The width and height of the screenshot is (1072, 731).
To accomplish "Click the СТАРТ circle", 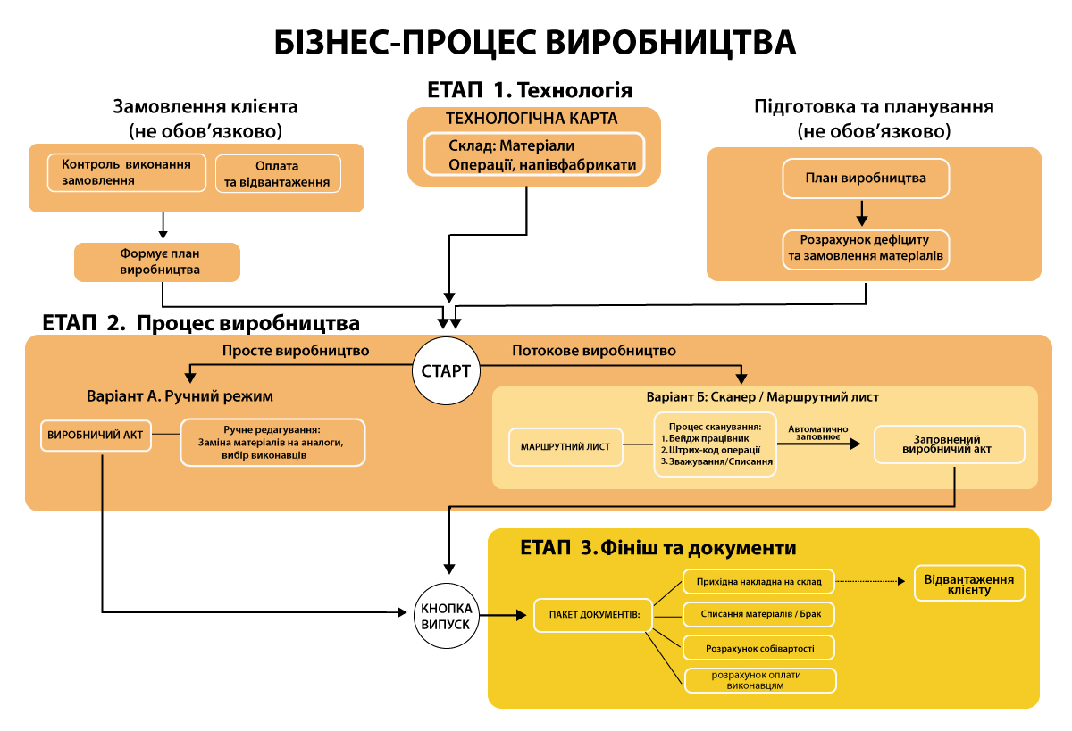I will pyautogui.click(x=446, y=370).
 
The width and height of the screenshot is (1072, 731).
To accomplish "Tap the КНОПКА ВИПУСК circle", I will pyautogui.click(x=445, y=614).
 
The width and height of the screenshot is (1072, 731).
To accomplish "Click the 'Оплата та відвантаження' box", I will pyautogui.click(x=278, y=174).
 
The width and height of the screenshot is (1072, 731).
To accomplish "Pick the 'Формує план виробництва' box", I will pyautogui.click(x=157, y=262).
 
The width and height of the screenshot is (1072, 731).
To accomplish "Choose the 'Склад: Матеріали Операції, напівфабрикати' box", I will pyautogui.click(x=533, y=154).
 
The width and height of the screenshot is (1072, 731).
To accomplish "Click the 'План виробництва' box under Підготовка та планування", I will pyautogui.click(x=865, y=178).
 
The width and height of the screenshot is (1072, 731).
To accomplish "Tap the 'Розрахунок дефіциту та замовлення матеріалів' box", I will pyautogui.click(x=865, y=250).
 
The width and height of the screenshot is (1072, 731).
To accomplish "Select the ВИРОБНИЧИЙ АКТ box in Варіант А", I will pyautogui.click(x=96, y=436).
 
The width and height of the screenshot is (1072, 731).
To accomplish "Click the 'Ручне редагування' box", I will pyautogui.click(x=272, y=443).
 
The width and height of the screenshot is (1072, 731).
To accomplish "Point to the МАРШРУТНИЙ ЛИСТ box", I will pyautogui.click(x=565, y=446).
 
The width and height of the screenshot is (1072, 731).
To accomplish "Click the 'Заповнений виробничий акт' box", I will pyautogui.click(x=949, y=444).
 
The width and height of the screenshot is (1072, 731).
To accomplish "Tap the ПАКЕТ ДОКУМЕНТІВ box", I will pyautogui.click(x=592, y=615).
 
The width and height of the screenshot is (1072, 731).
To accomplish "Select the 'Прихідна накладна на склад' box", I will pyautogui.click(x=758, y=582).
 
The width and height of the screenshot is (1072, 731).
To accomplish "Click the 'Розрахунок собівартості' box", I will pyautogui.click(x=758, y=647).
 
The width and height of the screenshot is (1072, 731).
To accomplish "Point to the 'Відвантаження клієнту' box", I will pyautogui.click(x=969, y=584).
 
